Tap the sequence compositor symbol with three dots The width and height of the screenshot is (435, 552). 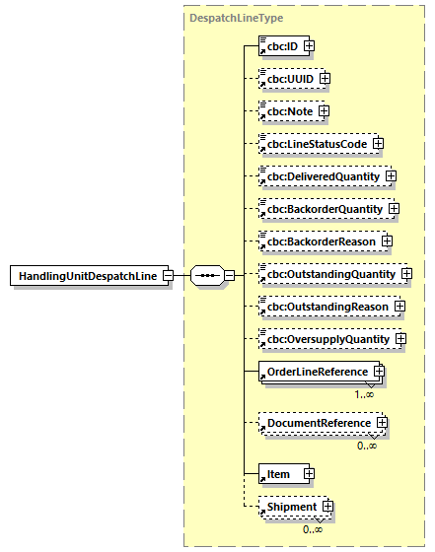pos(206,276)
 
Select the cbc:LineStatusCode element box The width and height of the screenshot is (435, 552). pos(313,143)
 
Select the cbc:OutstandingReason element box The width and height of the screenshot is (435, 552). pos(323,307)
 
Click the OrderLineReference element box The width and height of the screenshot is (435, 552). pos(313,372)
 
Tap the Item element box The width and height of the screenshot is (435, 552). pos(278,474)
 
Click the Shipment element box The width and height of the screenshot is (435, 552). pos(288,507)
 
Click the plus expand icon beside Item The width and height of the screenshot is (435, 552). pos(309,474)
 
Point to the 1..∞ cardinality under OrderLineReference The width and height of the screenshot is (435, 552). pos(365,393)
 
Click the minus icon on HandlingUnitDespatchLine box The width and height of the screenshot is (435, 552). pos(169,276)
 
